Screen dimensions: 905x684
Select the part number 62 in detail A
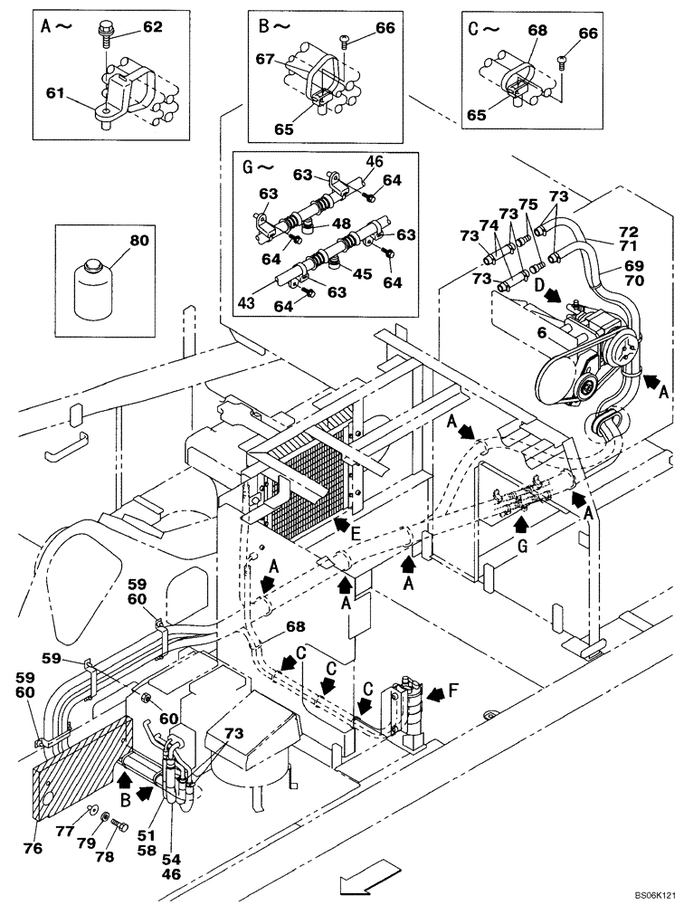(x=152, y=27)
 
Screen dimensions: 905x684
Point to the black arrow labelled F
(x=435, y=694)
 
